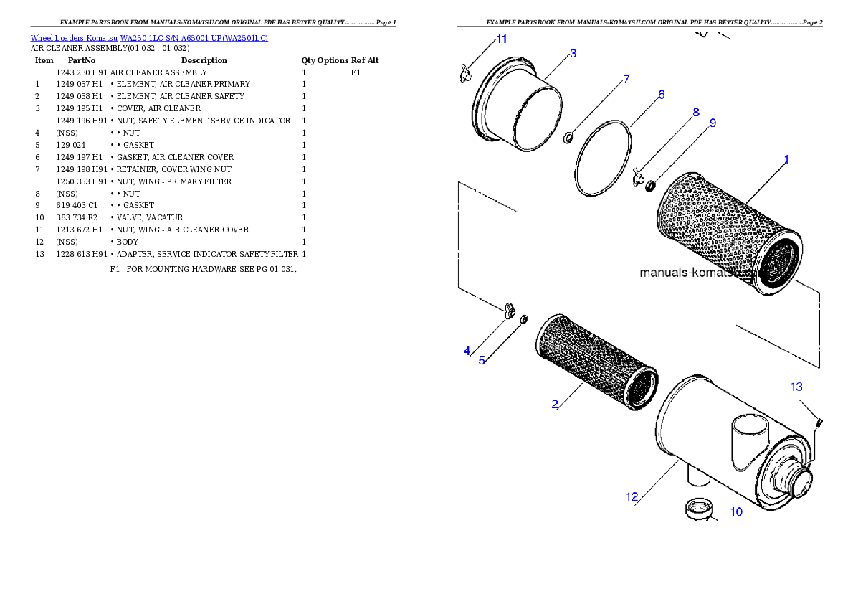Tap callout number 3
(573, 53)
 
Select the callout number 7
(626, 79)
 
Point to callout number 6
(661, 95)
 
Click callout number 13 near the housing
(796, 387)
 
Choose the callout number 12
(632, 496)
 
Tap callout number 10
(736, 512)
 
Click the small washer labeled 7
(568, 137)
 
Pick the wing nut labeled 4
(510, 310)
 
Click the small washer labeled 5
(524, 318)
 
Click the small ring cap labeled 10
(699, 509)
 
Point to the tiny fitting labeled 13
(819, 423)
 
